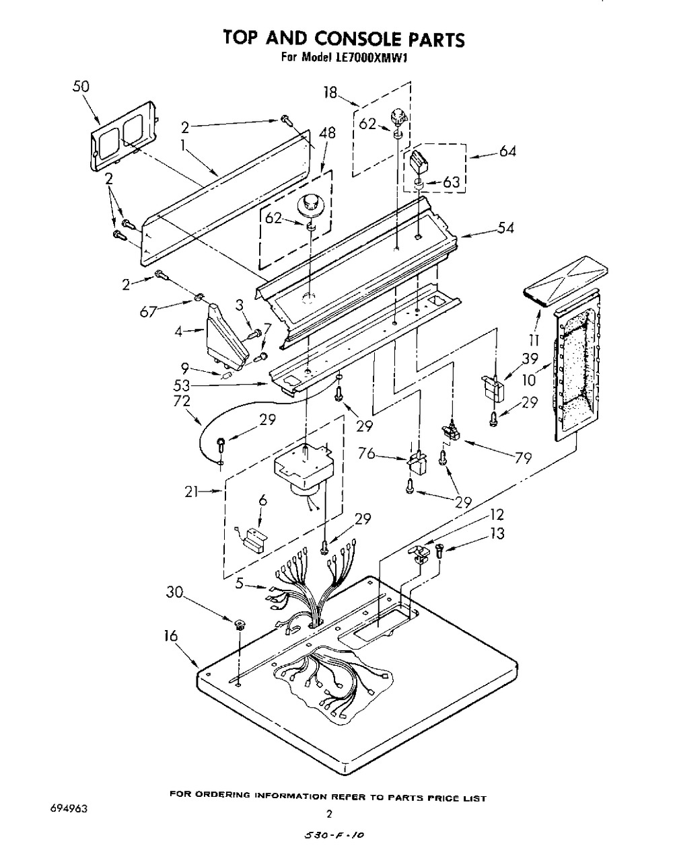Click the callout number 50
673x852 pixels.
coord(81,87)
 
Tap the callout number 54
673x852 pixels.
coord(505,228)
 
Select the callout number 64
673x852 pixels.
coord(507,151)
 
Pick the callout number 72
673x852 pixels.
coord(182,401)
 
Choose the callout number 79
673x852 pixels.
coord(523,458)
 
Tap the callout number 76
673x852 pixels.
coord(367,453)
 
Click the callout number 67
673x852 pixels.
coord(149,313)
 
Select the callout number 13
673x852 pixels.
coord(497,533)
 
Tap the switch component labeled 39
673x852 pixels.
coord(492,387)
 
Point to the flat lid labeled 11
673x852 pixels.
coord(565,282)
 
